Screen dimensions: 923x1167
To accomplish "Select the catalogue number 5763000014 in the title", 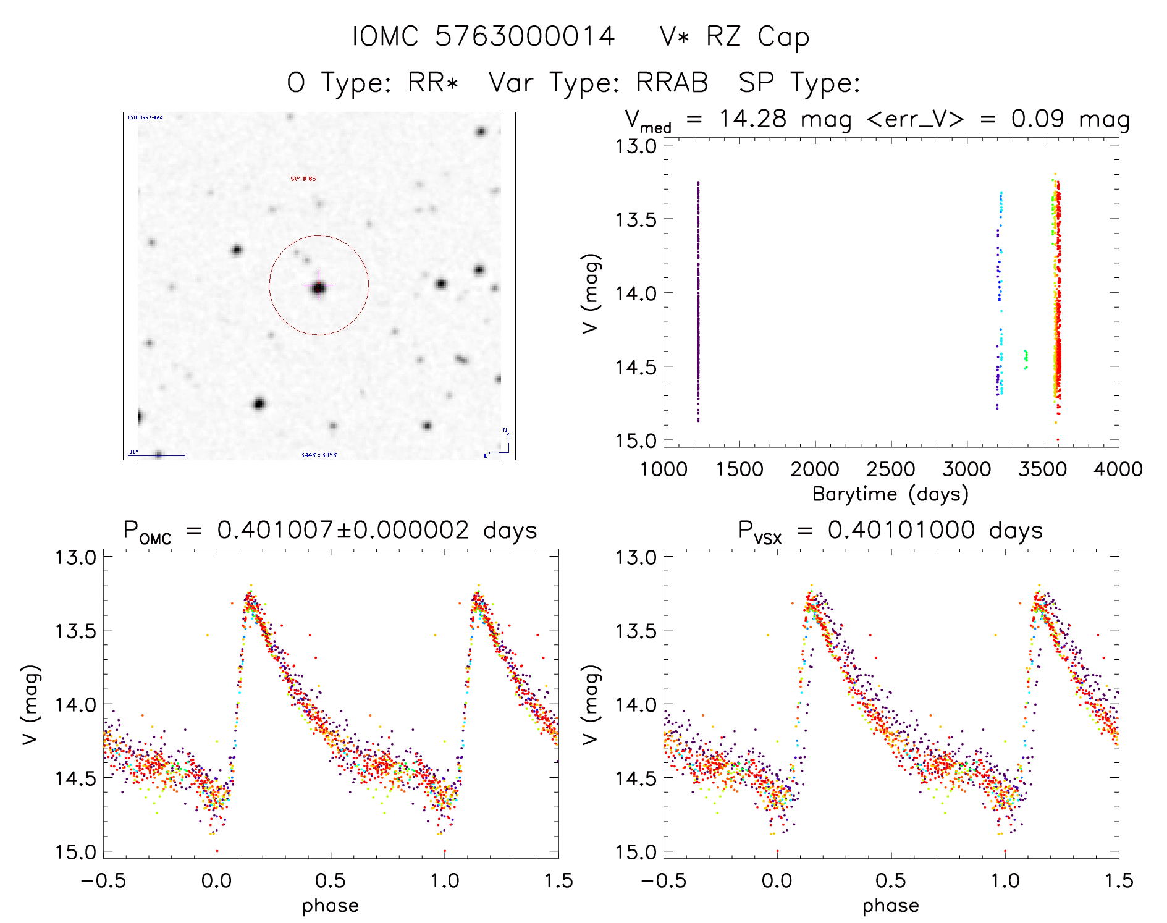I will [525, 37].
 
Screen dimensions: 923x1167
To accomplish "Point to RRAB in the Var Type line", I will [672, 83].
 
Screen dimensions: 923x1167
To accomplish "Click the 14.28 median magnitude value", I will [753, 119].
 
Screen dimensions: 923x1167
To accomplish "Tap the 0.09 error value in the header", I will [1037, 119].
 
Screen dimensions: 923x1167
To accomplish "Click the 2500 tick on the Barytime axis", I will [891, 470].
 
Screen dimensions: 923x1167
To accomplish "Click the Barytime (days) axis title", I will [890, 494].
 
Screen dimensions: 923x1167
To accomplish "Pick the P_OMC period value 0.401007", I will [275, 530].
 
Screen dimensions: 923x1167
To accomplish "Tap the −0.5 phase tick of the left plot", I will [103, 881].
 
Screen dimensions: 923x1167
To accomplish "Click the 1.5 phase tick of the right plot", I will [1118, 881].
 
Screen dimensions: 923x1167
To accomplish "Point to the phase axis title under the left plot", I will [331, 906].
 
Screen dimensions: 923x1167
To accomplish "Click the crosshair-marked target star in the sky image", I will [319, 287].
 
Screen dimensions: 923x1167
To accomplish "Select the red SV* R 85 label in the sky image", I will [303, 179].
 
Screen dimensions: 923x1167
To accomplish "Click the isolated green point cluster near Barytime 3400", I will [1026, 358].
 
